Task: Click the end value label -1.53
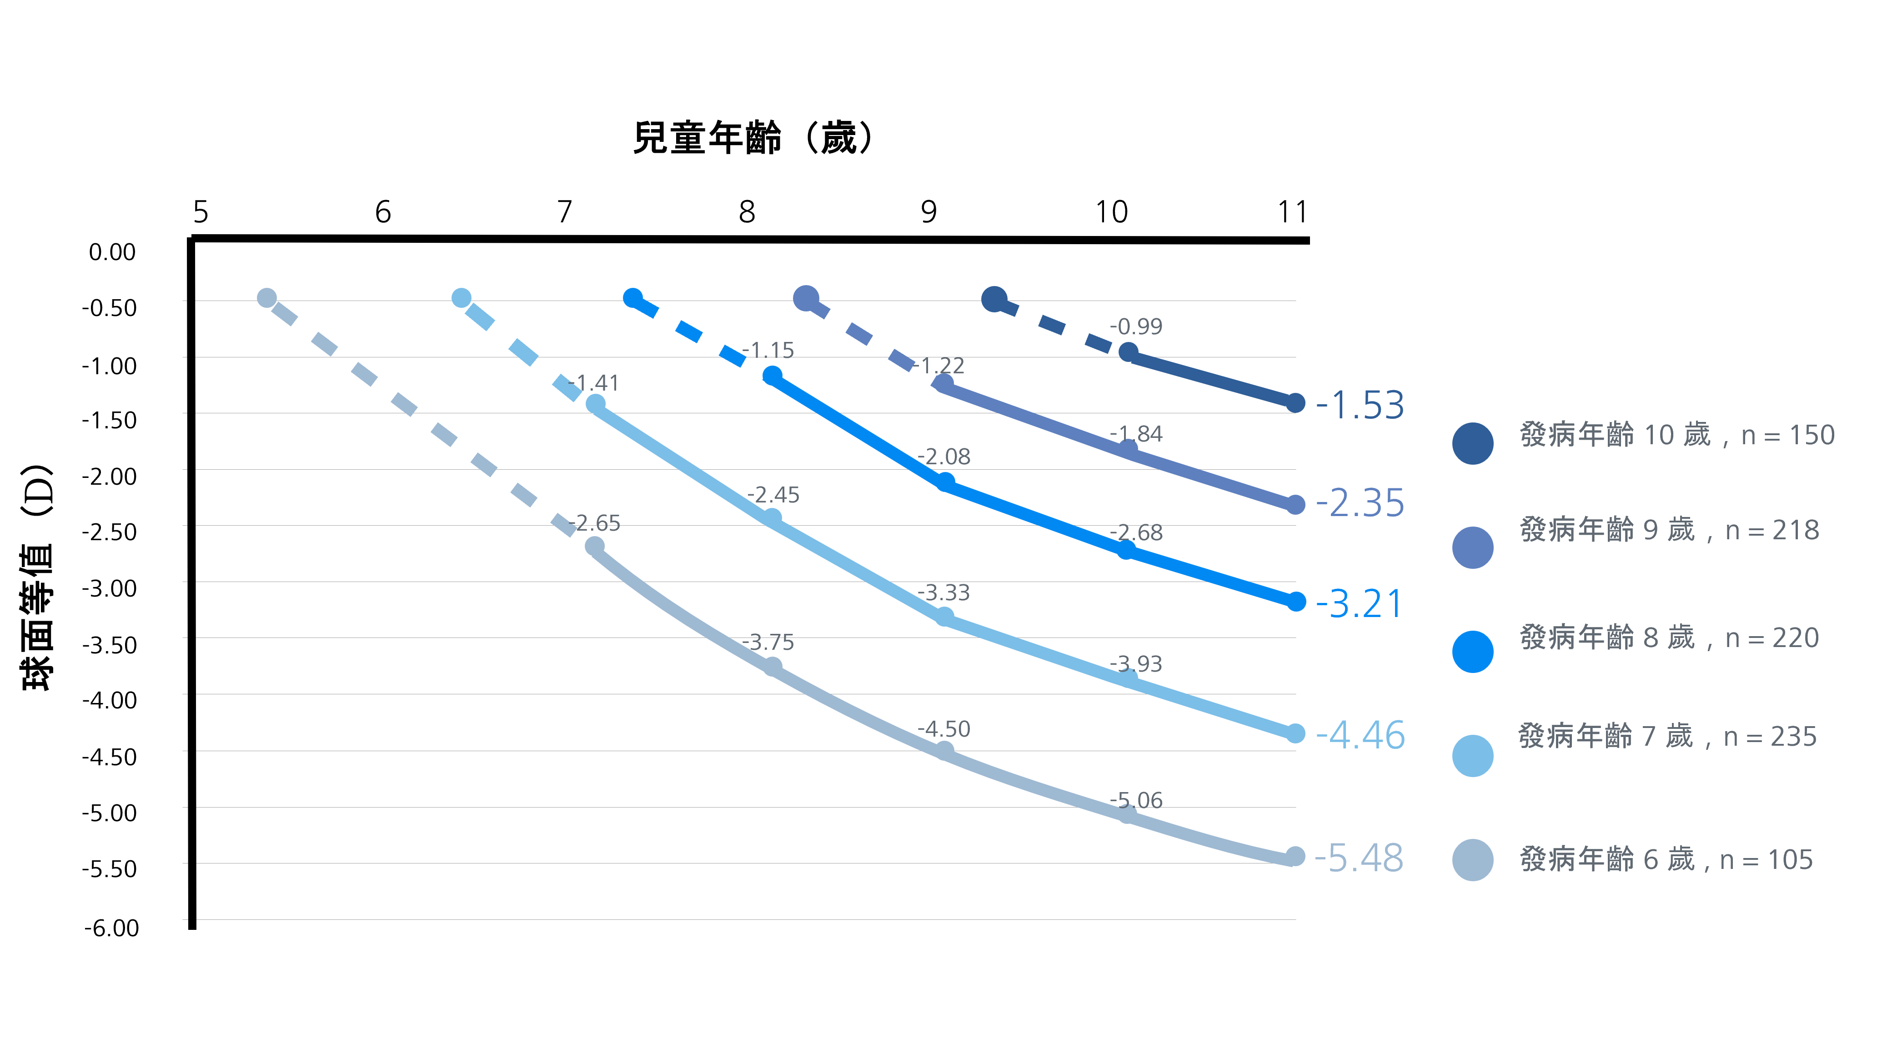pyautogui.click(x=1360, y=405)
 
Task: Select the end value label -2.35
pyautogui.click(x=1360, y=503)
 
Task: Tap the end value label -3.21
pyautogui.click(x=1359, y=604)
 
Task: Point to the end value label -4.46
pyautogui.click(x=1360, y=735)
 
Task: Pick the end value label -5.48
pyautogui.click(x=1359, y=858)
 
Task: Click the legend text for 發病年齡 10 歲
pyautogui.click(x=1677, y=435)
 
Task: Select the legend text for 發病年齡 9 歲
pyautogui.click(x=1669, y=530)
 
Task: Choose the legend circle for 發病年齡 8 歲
pyautogui.click(x=1472, y=652)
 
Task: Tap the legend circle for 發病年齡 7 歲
pyautogui.click(x=1472, y=756)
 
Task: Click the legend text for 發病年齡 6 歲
pyautogui.click(x=1666, y=860)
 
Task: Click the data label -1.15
pyautogui.click(x=768, y=351)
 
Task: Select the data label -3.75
pyautogui.click(x=768, y=642)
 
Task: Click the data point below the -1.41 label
pyautogui.click(x=596, y=404)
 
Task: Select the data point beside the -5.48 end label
pyautogui.click(x=1295, y=856)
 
